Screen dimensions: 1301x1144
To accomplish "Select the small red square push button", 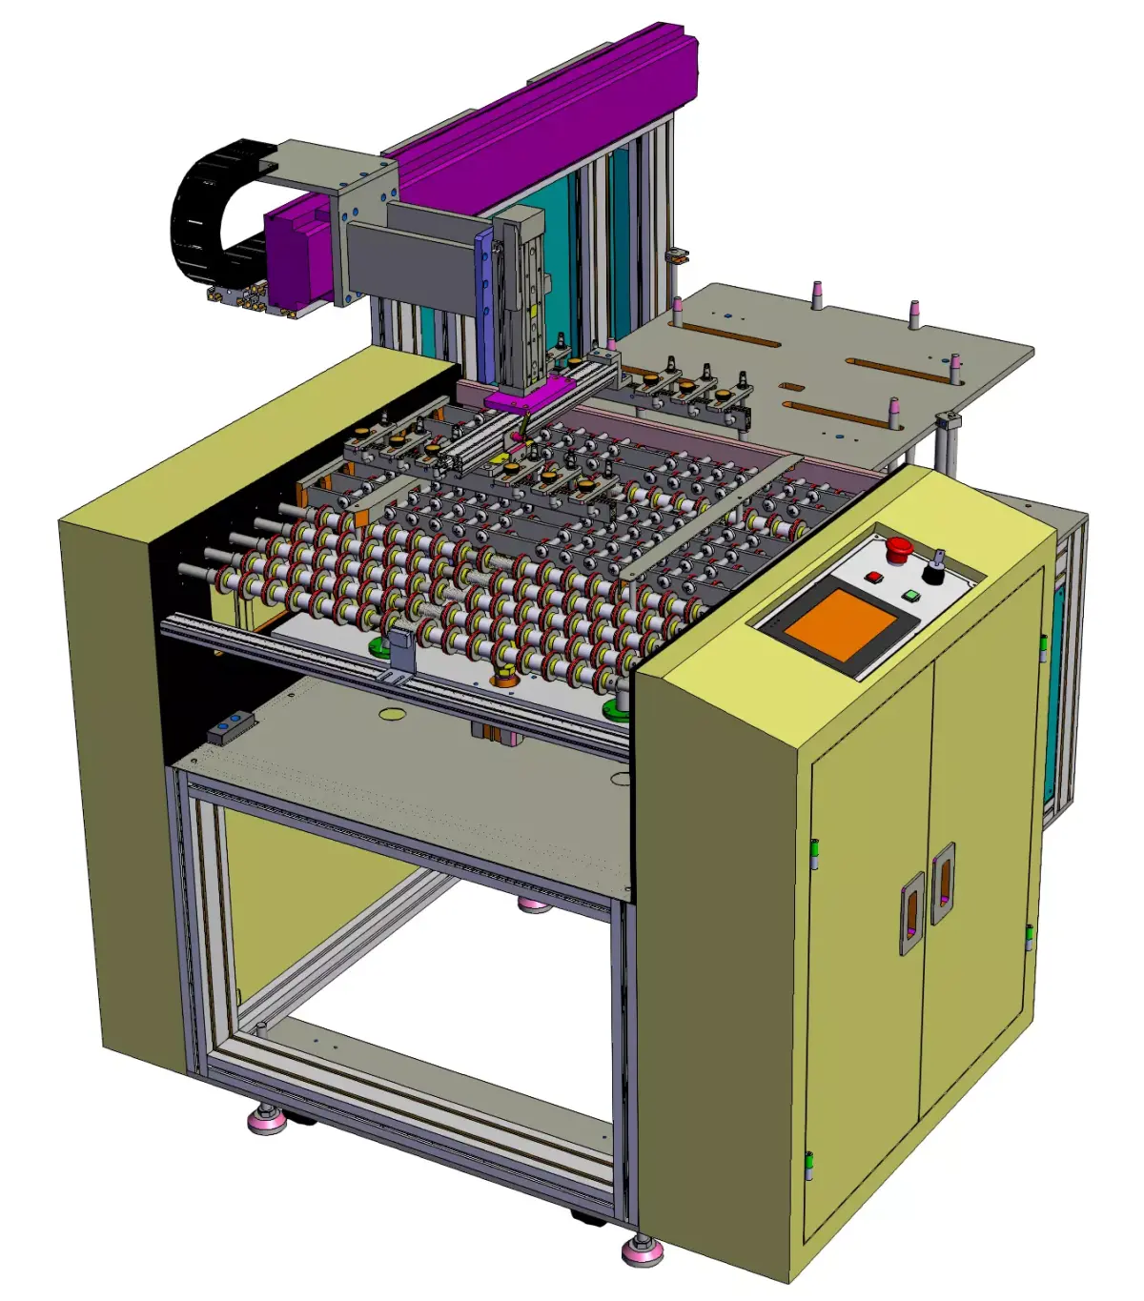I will click(873, 578).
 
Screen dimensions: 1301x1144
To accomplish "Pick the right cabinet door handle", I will click(943, 883).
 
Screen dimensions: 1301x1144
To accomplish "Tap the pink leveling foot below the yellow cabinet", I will click(643, 1250).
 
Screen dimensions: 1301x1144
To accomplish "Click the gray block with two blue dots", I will click(232, 727).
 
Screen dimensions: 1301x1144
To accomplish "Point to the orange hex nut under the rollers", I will click(503, 679).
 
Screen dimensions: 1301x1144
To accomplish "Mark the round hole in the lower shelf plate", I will click(392, 713).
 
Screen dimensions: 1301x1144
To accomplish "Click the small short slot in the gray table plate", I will click(791, 387).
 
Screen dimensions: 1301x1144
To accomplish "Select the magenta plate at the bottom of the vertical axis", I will click(530, 392).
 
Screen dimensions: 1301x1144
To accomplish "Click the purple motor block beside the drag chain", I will click(299, 252).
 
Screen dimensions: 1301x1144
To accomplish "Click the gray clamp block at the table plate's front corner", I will click(948, 420).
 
